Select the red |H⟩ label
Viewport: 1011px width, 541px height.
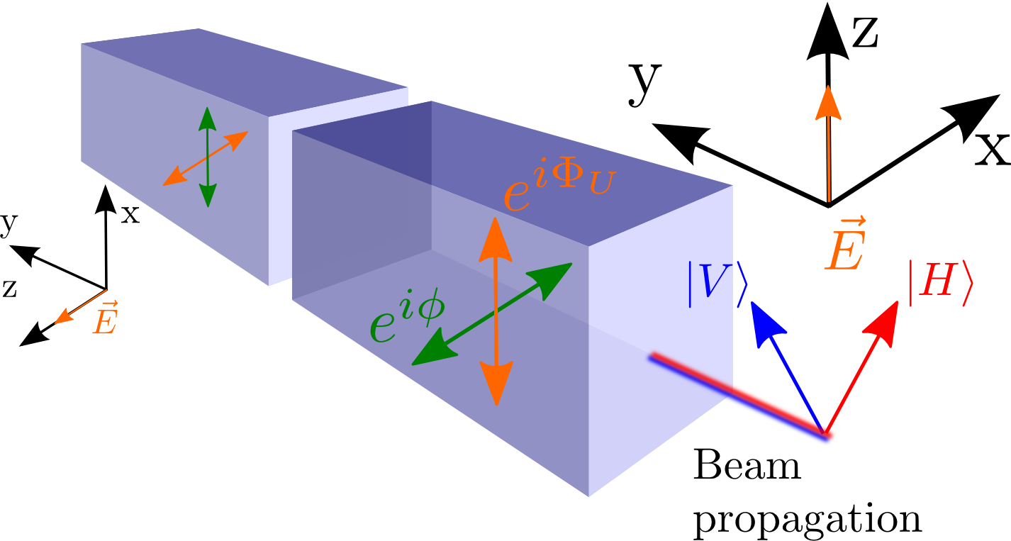[941, 284]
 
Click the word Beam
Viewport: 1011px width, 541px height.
[747, 467]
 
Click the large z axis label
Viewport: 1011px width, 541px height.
[865, 33]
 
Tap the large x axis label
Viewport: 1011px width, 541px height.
[990, 148]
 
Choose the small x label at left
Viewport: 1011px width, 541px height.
[130, 213]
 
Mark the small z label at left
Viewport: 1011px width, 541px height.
[9, 287]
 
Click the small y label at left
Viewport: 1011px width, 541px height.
[8, 225]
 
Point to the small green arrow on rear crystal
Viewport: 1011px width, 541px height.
[207, 157]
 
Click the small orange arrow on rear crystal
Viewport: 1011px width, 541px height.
[204, 159]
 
